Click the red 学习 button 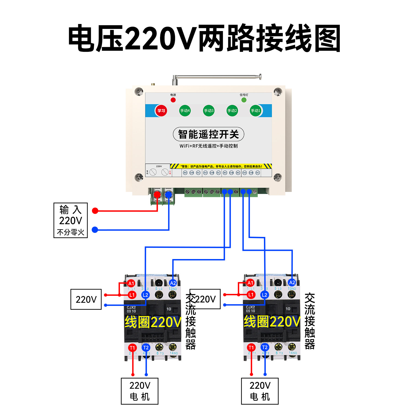click(x=161, y=111)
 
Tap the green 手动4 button click(x=185, y=111)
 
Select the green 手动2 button click(x=232, y=111)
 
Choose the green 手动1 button click(x=256, y=111)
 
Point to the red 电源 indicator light click(x=173, y=100)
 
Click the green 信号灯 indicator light click(x=244, y=100)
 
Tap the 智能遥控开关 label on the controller click(x=209, y=134)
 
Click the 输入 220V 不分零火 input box click(x=71, y=220)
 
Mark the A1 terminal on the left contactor click(x=131, y=283)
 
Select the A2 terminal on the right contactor click(x=292, y=282)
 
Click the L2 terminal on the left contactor click(x=145, y=295)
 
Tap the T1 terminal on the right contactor click(x=251, y=347)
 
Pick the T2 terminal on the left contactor click(x=146, y=348)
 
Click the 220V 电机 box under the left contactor click(x=140, y=391)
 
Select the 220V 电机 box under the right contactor click(x=260, y=391)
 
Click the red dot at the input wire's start click(x=95, y=211)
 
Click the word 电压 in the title click(x=95, y=38)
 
